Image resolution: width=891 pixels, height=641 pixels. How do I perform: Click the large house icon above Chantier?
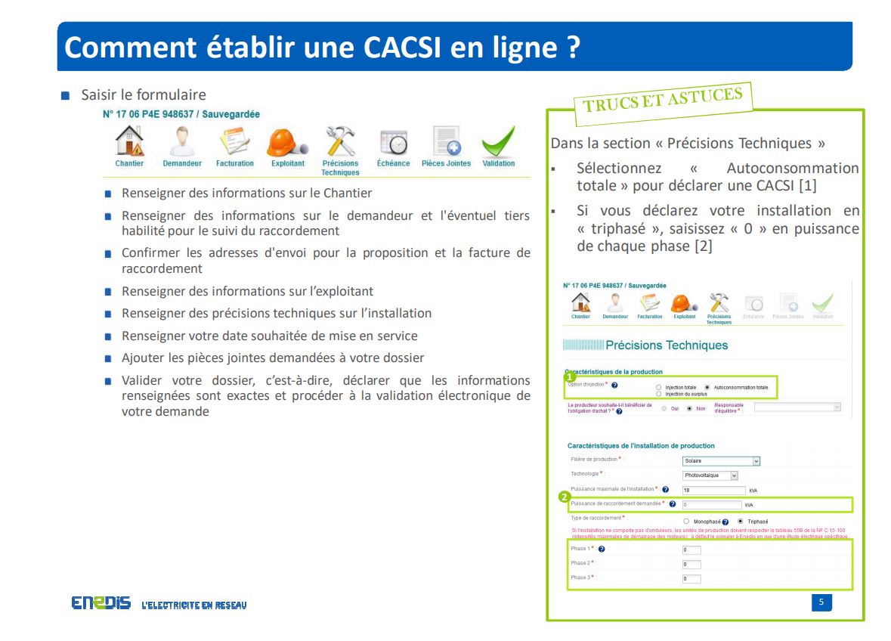tap(129, 141)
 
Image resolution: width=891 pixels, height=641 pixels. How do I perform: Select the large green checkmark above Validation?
tap(498, 141)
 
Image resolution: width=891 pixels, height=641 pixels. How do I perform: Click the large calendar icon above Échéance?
tap(393, 142)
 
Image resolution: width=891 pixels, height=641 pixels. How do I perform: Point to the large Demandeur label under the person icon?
tap(182, 163)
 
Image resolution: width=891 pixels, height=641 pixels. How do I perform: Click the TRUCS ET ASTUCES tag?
tap(662, 99)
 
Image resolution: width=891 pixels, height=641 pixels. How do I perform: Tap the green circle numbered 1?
tap(570, 376)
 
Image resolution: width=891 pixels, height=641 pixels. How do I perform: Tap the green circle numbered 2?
tap(563, 497)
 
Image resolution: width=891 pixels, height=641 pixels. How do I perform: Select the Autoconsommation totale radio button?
tap(707, 387)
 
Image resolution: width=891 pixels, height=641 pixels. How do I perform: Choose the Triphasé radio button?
tap(741, 522)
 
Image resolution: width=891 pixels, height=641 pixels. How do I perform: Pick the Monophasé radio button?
tap(686, 522)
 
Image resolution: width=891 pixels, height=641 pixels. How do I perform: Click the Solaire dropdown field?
tap(720, 460)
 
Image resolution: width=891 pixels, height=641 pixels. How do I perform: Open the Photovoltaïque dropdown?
tap(710, 475)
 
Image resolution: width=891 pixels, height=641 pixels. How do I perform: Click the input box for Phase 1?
tap(691, 550)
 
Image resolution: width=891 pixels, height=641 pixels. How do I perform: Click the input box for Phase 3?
tap(691, 579)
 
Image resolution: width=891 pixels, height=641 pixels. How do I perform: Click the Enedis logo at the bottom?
tap(101, 603)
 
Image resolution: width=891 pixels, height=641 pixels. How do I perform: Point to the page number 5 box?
tap(821, 602)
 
